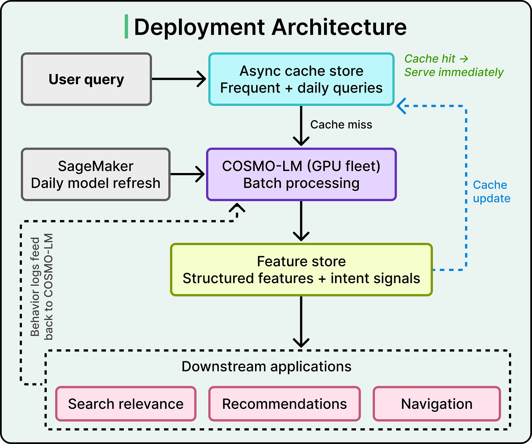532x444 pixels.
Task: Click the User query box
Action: point(86,79)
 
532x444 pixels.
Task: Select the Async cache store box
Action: point(301,79)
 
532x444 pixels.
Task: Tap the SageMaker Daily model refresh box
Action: point(95,174)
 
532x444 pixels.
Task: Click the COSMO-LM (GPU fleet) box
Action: point(301,174)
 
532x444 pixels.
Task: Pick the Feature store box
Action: point(301,270)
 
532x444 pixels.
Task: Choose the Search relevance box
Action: point(126,404)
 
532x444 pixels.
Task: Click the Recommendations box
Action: point(284,404)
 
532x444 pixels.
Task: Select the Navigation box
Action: point(437,404)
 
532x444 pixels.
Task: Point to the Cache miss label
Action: point(341,124)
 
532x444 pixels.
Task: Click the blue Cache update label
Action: point(491,192)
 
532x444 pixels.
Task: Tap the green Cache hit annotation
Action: point(454,65)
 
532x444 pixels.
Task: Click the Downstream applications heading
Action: point(266,366)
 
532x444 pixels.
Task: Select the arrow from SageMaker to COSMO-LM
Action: point(187,174)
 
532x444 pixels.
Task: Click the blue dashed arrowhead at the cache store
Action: point(401,106)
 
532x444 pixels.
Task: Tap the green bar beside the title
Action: point(126,27)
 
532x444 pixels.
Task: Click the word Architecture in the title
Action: point(339,27)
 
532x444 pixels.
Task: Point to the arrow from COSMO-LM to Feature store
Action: point(301,221)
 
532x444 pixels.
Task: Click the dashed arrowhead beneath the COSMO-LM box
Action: point(237,208)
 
